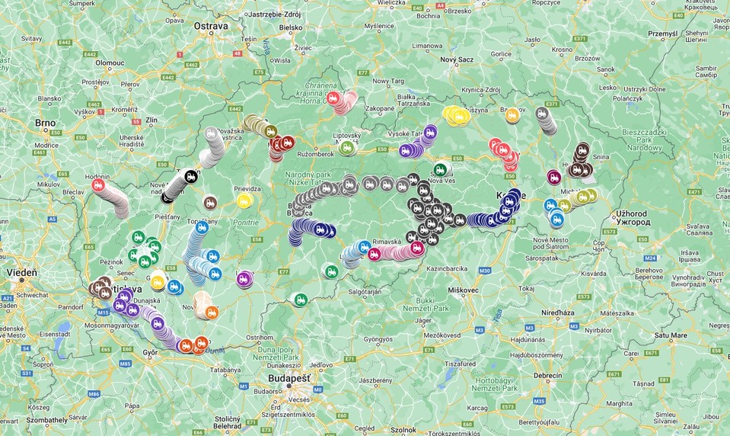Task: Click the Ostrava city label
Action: click(211, 26)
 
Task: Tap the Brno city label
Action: click(45, 122)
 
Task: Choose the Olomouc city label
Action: click(110, 63)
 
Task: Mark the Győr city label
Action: click(151, 352)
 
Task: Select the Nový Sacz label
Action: click(457, 59)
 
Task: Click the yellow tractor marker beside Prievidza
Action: click(244, 200)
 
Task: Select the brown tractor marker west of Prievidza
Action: click(209, 203)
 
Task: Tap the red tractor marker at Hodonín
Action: click(98, 184)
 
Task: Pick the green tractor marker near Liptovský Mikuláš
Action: click(346, 147)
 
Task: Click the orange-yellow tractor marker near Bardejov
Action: click(512, 115)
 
